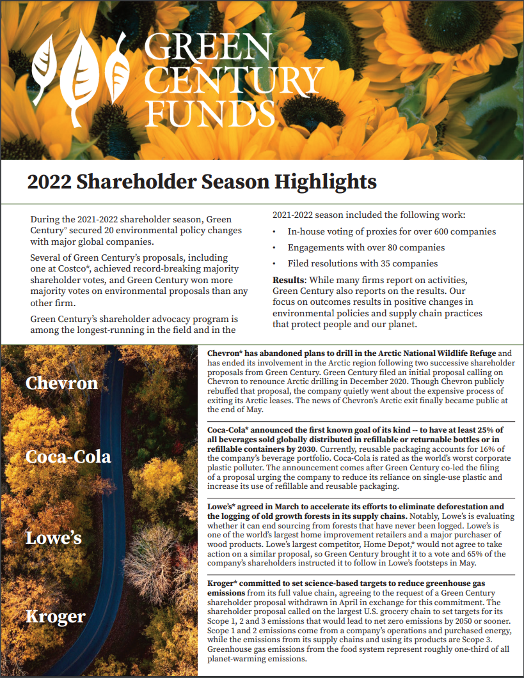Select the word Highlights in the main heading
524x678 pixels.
tap(326, 181)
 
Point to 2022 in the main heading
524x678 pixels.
tap(49, 181)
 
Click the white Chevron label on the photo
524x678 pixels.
tap(62, 383)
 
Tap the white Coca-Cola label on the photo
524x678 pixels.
tap(68, 456)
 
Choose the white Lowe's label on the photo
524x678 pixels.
tap(54, 537)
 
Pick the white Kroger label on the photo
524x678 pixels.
tap(56, 617)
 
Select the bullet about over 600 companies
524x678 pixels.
tap(392, 231)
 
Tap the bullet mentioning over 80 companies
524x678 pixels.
tap(366, 247)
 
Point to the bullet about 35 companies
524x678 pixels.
tap(363, 263)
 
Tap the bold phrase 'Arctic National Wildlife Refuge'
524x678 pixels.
tap(425, 353)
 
